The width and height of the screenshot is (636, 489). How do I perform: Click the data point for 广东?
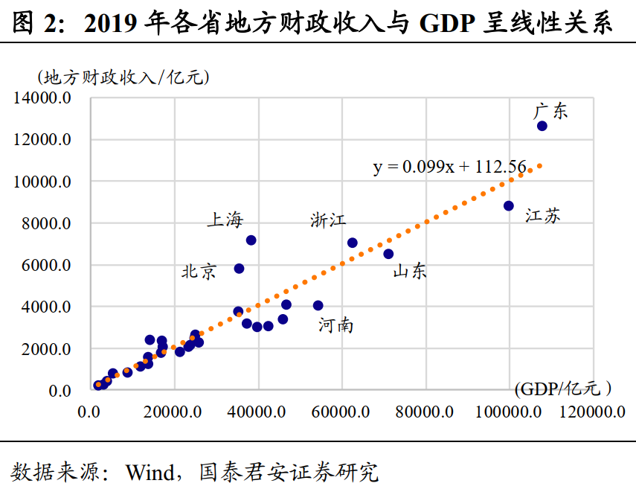pos(542,126)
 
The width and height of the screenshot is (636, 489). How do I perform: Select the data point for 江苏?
pos(509,205)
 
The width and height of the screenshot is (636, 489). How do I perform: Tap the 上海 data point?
pos(251,240)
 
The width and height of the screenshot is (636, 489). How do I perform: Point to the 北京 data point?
pos(239,268)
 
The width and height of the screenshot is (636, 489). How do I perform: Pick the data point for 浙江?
pos(353,243)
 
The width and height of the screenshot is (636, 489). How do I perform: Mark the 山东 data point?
pos(388,254)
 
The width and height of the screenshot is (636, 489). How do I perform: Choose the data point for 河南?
pos(318,305)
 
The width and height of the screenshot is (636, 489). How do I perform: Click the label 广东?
pos(550,112)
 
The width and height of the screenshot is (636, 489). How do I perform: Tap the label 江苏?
pos(543,217)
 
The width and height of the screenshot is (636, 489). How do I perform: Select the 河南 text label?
pos(335,325)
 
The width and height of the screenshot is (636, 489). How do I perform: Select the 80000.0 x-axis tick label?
pos(425,412)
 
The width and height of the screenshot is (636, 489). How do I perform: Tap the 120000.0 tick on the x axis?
pos(593,412)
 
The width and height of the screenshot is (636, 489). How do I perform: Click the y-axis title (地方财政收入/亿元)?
pos(123,77)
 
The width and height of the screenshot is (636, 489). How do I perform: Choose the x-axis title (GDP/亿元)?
pos(562,389)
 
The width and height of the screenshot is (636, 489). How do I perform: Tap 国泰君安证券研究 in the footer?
pos(289,472)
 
